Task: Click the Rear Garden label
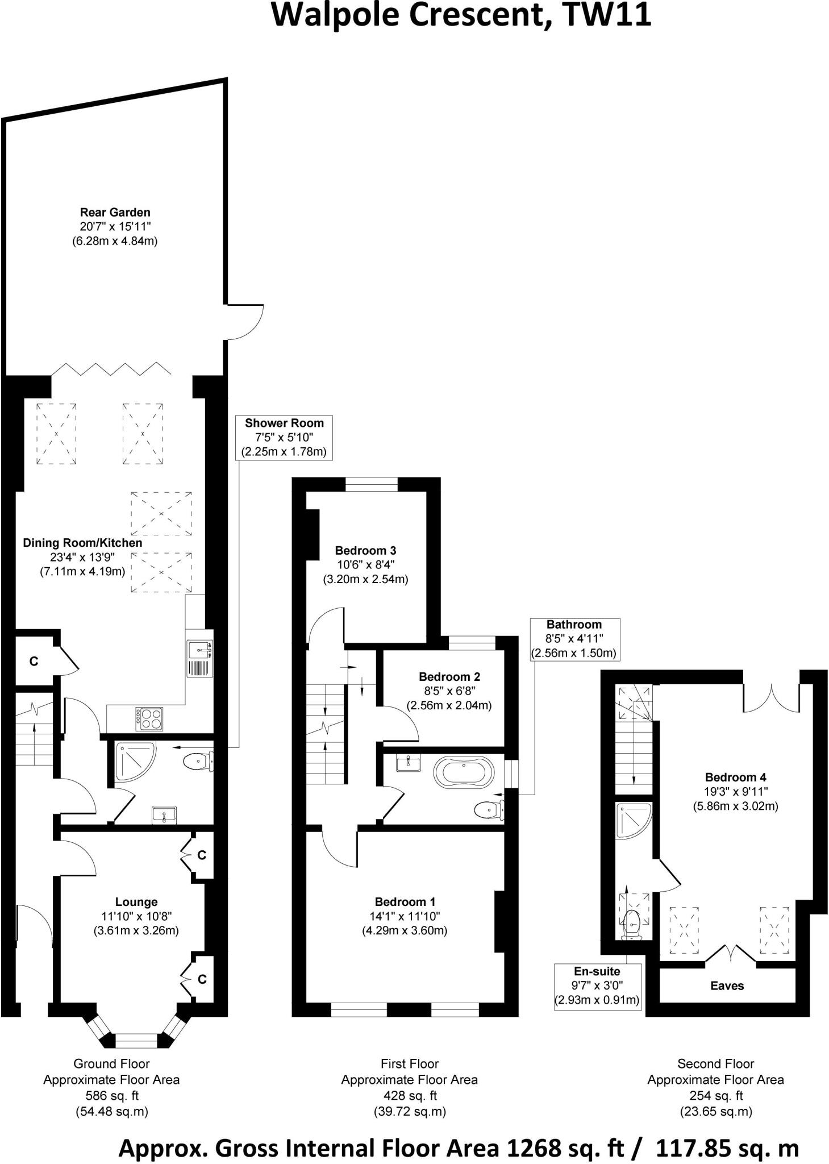click(115, 213)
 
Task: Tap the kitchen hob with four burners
click(149, 718)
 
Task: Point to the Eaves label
click(727, 986)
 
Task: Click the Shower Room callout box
click(284, 437)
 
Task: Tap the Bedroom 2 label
click(449, 676)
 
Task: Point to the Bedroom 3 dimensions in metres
click(365, 580)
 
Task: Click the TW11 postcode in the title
click(607, 15)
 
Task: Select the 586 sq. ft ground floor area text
click(111, 1095)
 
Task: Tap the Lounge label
click(136, 901)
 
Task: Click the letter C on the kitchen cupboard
click(34, 661)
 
